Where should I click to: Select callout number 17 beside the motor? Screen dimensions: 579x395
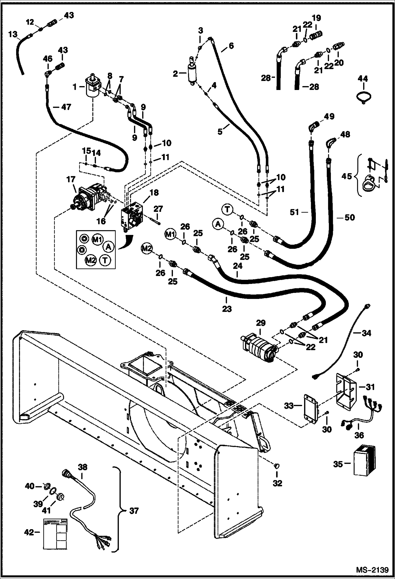[71, 180]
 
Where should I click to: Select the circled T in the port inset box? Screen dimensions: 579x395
[105, 260]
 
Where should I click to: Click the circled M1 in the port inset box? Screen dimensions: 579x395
[97, 240]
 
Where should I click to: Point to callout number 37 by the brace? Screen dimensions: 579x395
[134, 511]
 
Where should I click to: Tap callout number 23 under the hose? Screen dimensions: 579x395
[227, 309]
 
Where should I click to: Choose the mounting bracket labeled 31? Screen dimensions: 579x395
[345, 390]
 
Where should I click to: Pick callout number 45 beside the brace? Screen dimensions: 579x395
[347, 176]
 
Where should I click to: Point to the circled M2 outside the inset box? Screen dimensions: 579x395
[147, 248]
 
